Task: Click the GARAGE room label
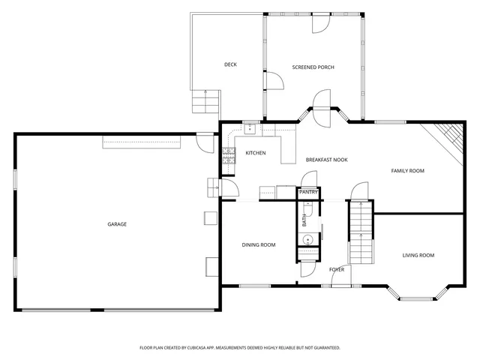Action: coord(116,224)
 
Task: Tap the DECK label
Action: coord(230,64)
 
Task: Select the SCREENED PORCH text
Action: coord(313,67)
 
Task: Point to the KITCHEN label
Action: coord(256,153)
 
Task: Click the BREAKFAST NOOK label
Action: coord(326,160)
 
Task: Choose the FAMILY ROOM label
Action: coord(407,171)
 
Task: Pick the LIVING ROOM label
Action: coord(418,256)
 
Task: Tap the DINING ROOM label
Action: coord(258,245)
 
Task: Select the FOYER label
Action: coord(337,269)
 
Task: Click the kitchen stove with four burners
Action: coord(228,156)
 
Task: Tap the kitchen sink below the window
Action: coord(250,128)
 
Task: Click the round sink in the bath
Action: coord(307,240)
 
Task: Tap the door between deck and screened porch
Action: coord(271,79)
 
